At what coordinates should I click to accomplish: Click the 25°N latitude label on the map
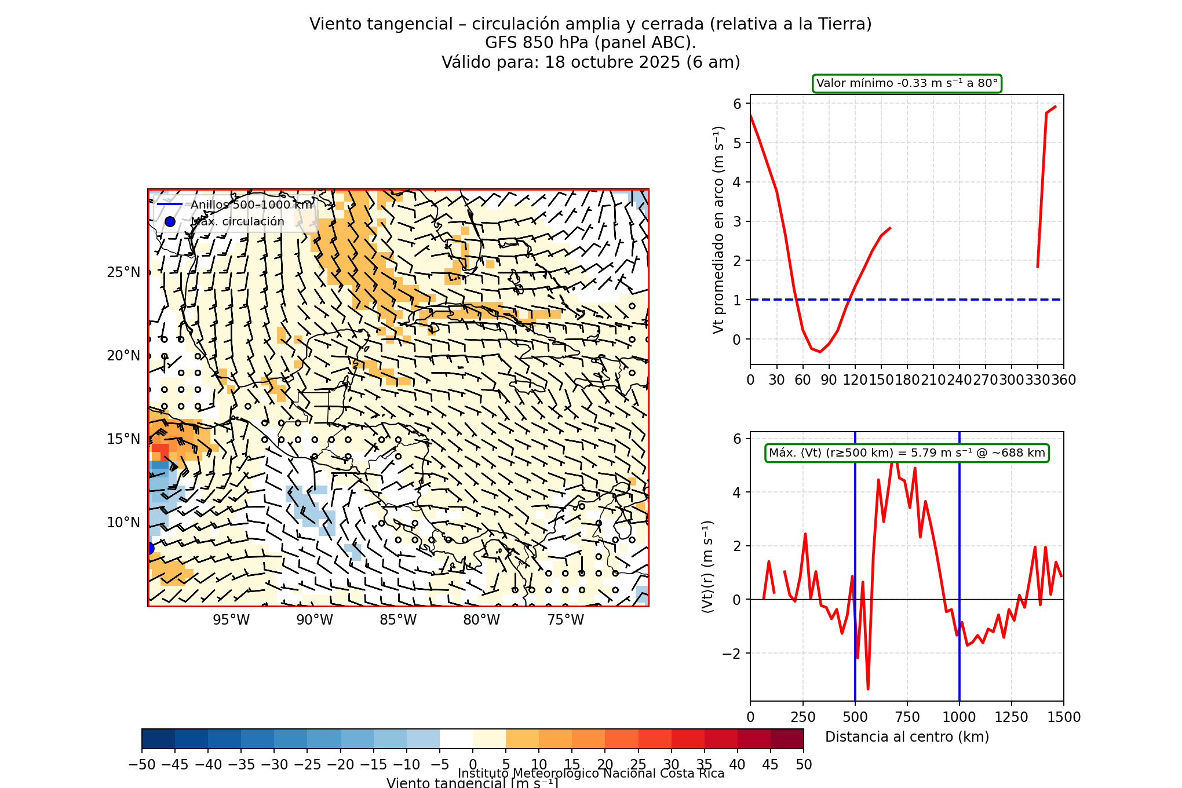(x=123, y=272)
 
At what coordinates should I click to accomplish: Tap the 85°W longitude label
(x=398, y=620)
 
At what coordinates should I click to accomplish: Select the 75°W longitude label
(x=566, y=620)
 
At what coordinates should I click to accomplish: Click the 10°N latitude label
(x=123, y=523)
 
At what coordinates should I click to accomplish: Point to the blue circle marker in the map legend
(x=170, y=222)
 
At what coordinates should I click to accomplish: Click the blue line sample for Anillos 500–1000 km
(x=170, y=205)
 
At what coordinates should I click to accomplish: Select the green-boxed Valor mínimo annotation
(x=907, y=83)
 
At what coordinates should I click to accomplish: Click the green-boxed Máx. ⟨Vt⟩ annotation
(x=907, y=453)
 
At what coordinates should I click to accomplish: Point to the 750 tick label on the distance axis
(x=907, y=717)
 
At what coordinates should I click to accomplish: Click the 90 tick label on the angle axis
(x=829, y=380)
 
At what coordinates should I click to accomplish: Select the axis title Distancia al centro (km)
(x=907, y=737)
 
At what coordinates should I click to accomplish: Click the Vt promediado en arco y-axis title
(x=718, y=229)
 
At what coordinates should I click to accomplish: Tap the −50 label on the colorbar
(x=142, y=765)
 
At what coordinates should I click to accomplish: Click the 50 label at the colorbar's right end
(x=804, y=765)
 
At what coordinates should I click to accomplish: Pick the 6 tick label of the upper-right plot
(x=737, y=104)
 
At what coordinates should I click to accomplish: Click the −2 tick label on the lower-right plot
(x=732, y=654)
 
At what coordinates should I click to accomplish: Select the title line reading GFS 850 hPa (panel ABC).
(x=590, y=43)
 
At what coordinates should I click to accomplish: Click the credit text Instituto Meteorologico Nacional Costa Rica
(x=591, y=774)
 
